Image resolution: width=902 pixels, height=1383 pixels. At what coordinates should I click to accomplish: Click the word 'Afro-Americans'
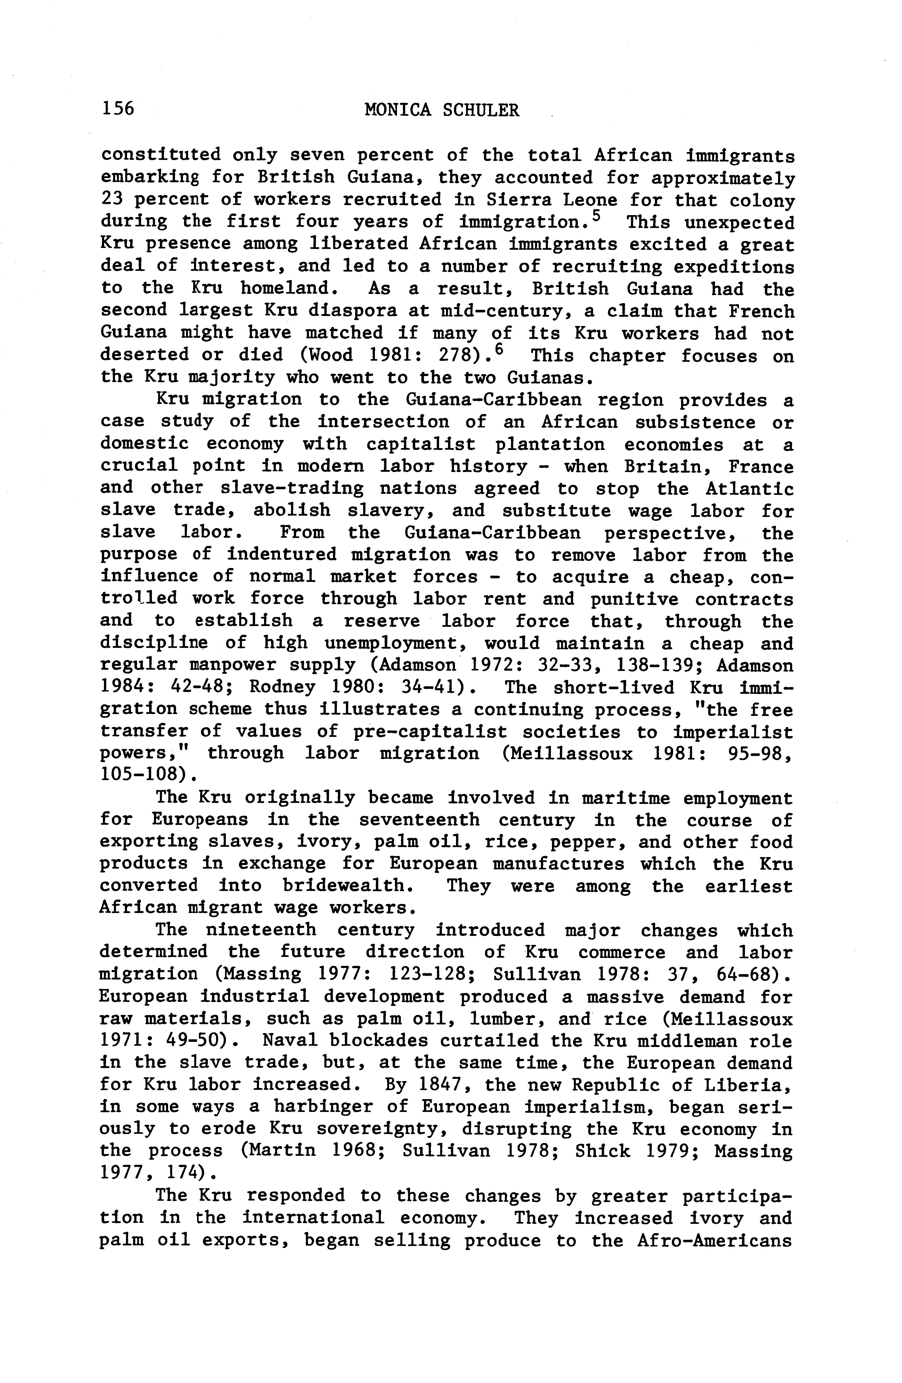tap(714, 1241)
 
